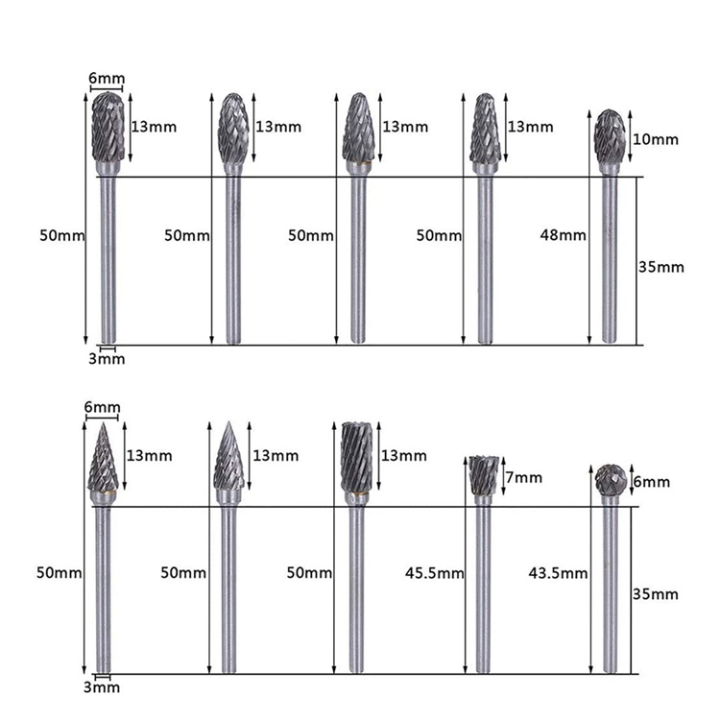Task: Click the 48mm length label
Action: pos(563,235)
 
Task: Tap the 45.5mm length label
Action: pos(434,573)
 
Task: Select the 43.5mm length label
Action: pos(558,573)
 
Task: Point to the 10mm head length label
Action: pos(656,139)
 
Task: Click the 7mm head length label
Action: pos(524,477)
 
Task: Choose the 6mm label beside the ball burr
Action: pos(652,482)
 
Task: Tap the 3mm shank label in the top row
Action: pos(107,359)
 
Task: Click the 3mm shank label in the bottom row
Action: pos(102,687)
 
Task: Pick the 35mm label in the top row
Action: pos(661,267)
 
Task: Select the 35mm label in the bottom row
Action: pos(656,594)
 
